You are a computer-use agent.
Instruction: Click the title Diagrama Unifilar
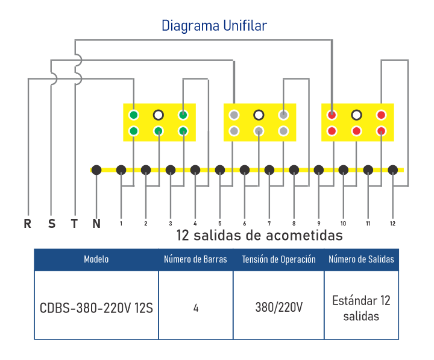[x=214, y=26]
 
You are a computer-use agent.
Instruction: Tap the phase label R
[x=27, y=224]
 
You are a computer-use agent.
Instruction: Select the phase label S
[x=51, y=224]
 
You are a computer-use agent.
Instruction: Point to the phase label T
[x=74, y=224]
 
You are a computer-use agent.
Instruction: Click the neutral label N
[x=96, y=224]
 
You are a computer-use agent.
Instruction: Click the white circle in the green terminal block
[x=159, y=115]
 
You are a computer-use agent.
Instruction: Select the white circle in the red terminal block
[x=356, y=115]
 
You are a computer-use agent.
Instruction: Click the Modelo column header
[x=96, y=259]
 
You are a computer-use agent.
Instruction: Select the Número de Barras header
[x=196, y=259]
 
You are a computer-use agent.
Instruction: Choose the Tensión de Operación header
[x=278, y=259]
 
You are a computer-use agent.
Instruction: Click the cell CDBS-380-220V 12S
[x=96, y=307]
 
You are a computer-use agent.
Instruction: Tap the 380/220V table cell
[x=278, y=307]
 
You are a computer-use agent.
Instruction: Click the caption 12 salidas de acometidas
[x=259, y=235]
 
